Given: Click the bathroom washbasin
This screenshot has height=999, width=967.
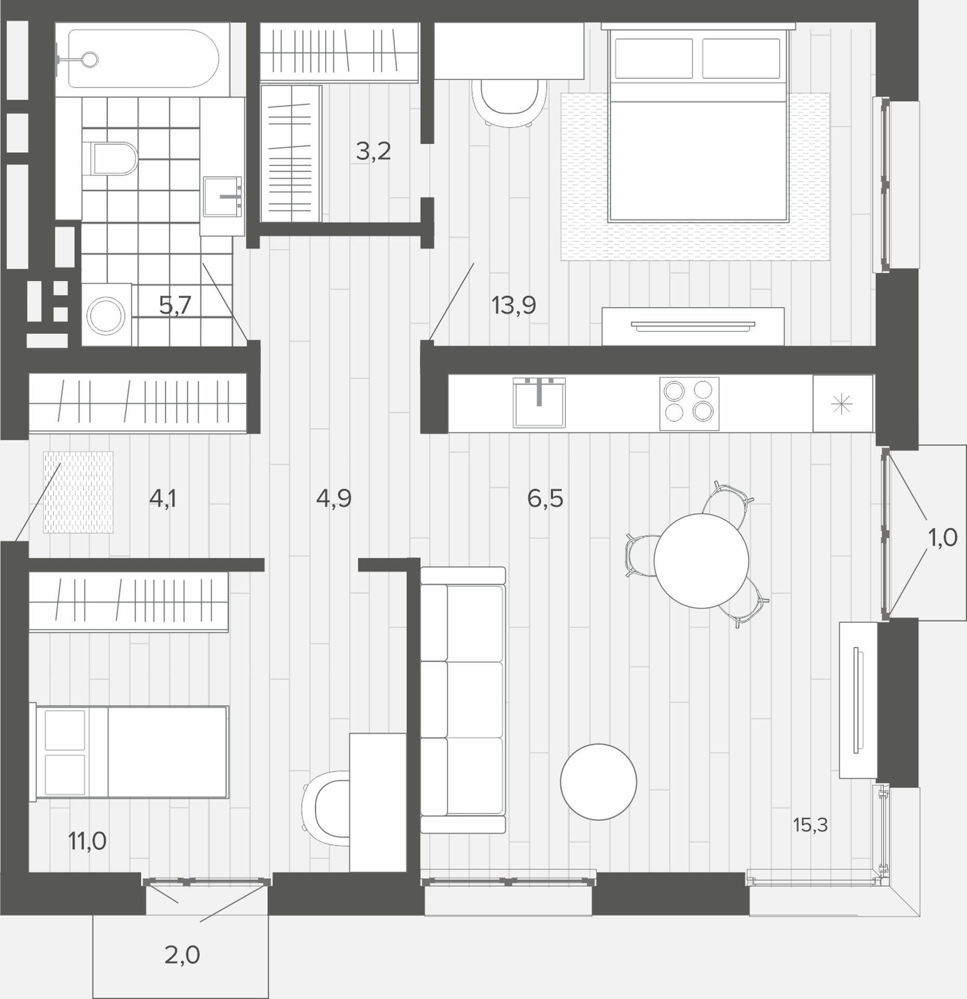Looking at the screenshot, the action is pos(223,197).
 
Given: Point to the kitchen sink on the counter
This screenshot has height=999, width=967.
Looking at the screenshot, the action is pos(539,402).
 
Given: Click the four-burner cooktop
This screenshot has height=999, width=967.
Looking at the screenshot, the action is pos(689,404).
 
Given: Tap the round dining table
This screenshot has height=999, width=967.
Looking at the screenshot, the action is pos(701,560).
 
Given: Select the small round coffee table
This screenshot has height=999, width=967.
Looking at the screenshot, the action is pos(598,782).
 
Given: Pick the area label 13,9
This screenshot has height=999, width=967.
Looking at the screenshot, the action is pos(513,305).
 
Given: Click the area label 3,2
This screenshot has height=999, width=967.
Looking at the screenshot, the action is pos(373,151).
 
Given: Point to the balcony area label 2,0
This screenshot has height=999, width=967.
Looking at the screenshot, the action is pos(182,955).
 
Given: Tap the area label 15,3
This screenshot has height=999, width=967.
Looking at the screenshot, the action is pos(810,839).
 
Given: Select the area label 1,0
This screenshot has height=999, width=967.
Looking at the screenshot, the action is pos(943,537).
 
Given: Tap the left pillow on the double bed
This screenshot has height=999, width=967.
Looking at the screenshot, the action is pos(653,58).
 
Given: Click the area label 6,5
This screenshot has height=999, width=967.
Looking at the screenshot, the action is pos(545,498).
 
